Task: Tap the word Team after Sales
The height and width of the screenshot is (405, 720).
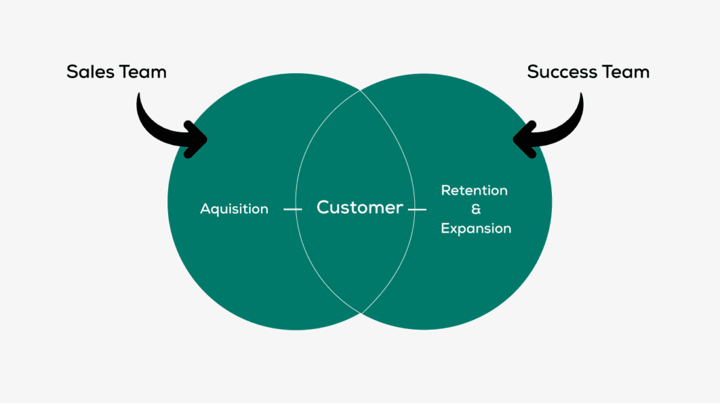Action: [143, 72]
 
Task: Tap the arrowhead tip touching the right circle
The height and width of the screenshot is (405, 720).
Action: [515, 139]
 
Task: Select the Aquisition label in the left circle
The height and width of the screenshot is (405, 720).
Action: [234, 209]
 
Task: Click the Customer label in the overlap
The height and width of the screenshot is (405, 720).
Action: [359, 207]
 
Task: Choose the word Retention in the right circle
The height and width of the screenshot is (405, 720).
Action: [474, 191]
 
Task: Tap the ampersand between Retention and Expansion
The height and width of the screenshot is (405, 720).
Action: [476, 210]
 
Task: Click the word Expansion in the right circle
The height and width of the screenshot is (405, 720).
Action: [476, 229]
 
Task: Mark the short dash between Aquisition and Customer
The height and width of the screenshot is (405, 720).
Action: [292, 209]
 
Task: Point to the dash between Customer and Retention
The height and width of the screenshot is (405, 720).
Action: [418, 209]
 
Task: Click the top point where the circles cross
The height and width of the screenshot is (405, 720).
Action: [360, 90]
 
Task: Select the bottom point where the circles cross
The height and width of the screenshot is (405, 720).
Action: [360, 313]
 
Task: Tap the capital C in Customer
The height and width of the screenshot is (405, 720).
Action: [324, 207]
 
